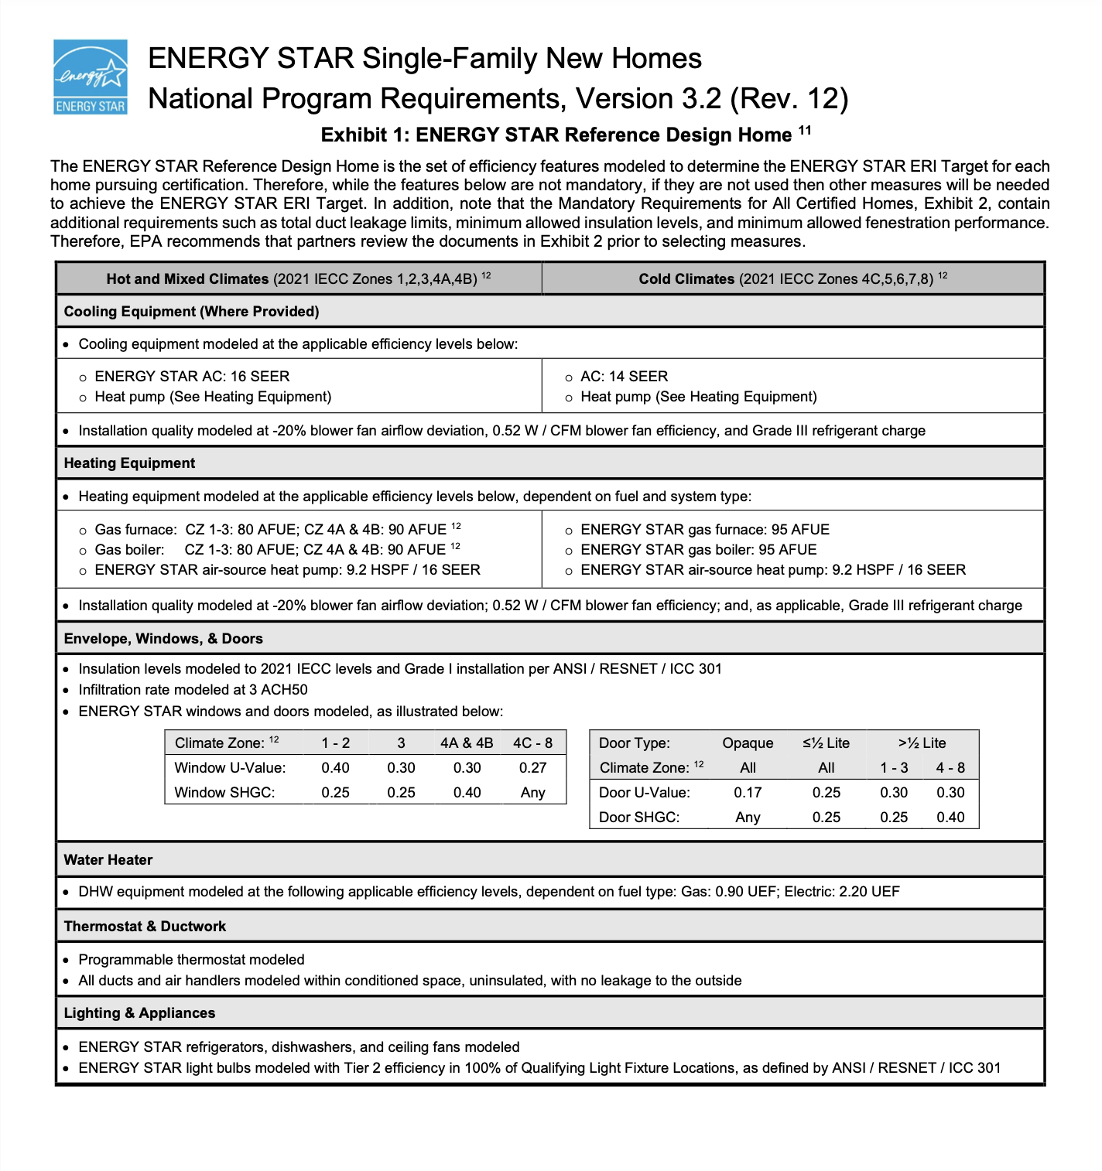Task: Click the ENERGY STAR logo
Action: click(x=90, y=77)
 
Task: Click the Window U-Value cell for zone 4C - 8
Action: click(x=532, y=767)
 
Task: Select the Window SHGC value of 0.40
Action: click(x=467, y=792)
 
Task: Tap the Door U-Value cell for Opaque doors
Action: click(x=748, y=792)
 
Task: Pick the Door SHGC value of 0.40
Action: click(x=950, y=817)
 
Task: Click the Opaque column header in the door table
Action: click(x=748, y=743)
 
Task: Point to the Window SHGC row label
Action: click(x=224, y=792)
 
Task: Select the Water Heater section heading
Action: click(x=108, y=859)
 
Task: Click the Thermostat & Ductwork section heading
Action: click(x=145, y=926)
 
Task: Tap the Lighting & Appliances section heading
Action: click(x=139, y=1012)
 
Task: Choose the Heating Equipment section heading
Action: click(x=129, y=463)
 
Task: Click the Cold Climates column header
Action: click(x=792, y=278)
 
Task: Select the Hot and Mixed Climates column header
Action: click(x=298, y=278)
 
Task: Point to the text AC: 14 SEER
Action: click(x=624, y=376)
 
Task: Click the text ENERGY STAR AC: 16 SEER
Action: click(x=192, y=376)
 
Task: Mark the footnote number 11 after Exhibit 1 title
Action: click(x=805, y=130)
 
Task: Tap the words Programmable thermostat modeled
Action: click(x=191, y=959)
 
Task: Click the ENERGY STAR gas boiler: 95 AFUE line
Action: click(x=698, y=549)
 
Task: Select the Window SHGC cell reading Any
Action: click(x=532, y=792)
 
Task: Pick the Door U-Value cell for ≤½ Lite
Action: click(x=826, y=792)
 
